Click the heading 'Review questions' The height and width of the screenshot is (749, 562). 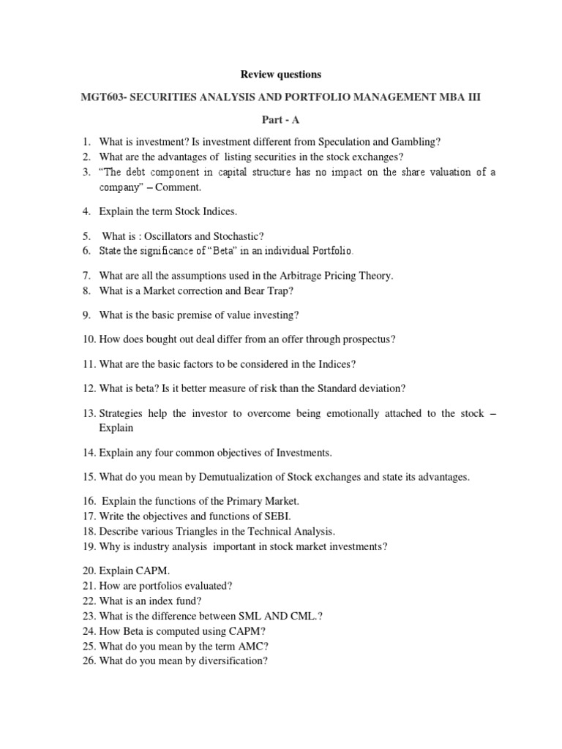tap(281, 75)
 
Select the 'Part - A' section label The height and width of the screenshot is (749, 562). tap(281, 121)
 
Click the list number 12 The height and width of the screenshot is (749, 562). tap(88, 388)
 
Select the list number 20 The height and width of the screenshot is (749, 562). tap(88, 571)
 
